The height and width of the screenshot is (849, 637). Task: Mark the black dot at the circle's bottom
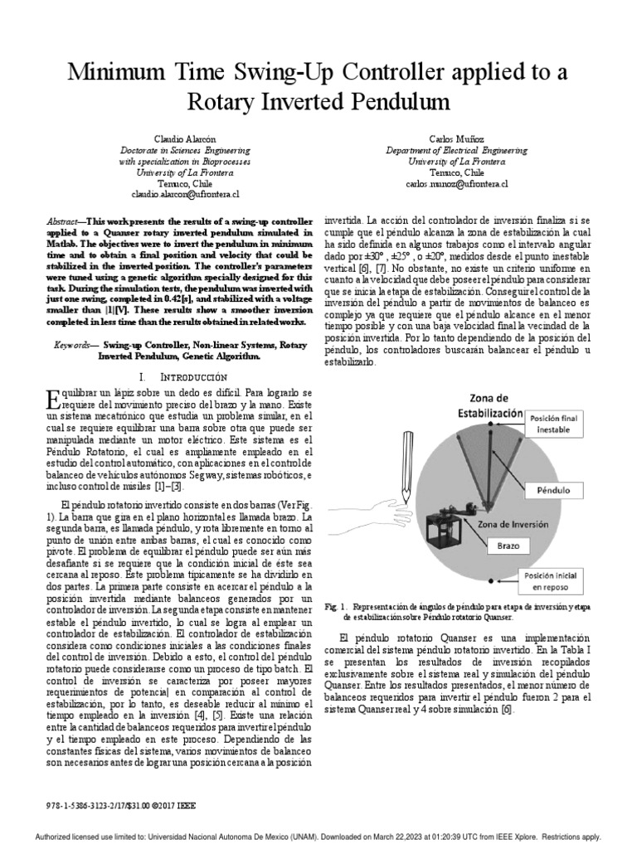[490, 581]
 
